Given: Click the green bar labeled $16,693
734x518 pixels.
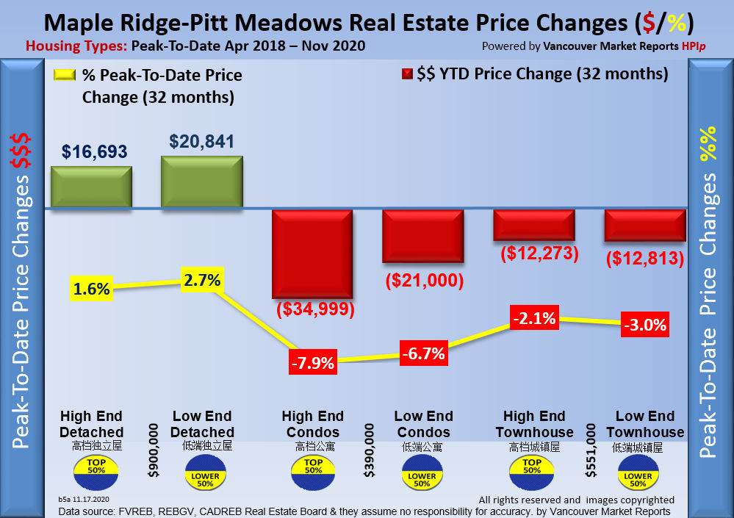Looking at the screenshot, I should tap(91, 187).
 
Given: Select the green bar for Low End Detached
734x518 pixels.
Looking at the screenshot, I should tap(202, 181).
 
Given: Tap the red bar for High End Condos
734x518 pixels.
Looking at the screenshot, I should tap(313, 253).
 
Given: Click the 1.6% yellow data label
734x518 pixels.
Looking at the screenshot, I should tap(91, 289).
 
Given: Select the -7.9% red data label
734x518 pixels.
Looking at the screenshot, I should tap(312, 362).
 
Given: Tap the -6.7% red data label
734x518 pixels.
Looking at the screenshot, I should tap(423, 353).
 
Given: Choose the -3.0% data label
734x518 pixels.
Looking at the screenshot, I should tap(644, 325).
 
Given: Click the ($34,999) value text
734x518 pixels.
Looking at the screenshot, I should tap(315, 309).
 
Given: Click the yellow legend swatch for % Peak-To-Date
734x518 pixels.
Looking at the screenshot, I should tap(66, 75).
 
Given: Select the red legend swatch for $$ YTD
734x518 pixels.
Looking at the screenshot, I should tap(406, 74).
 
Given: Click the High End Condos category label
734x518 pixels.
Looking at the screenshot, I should tap(312, 424).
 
